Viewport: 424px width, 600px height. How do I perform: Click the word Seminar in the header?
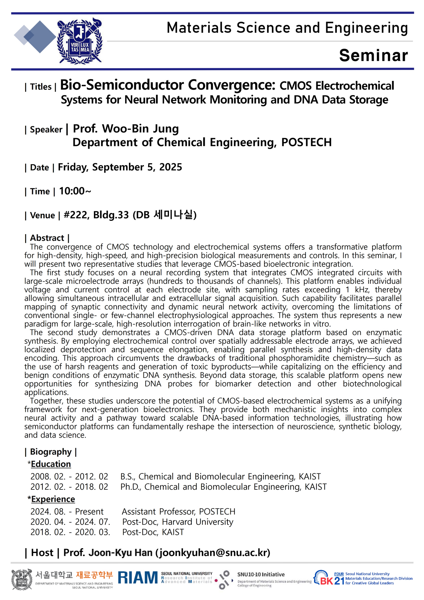coord(373,55)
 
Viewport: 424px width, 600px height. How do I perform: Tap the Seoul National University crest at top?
coord(80,41)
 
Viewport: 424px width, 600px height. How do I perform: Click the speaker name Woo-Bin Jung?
coord(141,129)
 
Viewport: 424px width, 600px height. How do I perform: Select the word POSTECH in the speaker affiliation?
coord(306,142)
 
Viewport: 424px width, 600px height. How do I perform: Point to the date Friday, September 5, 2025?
coord(120,167)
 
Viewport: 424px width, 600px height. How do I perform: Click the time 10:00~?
coord(75,191)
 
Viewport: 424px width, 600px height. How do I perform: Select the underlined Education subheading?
coord(51,464)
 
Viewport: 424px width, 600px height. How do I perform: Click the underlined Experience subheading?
coord(53,499)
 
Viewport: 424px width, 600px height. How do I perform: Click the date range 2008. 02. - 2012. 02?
coord(69,477)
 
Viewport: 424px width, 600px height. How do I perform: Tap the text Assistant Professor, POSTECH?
coord(178,512)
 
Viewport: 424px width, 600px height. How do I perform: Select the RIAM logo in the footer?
coord(138,578)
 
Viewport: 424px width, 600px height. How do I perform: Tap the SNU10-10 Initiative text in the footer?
coord(261,575)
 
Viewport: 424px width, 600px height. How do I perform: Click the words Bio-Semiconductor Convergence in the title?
coord(167,85)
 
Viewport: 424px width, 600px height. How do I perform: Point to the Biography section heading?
coord(51,452)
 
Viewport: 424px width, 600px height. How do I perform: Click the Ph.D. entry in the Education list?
coord(224,487)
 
